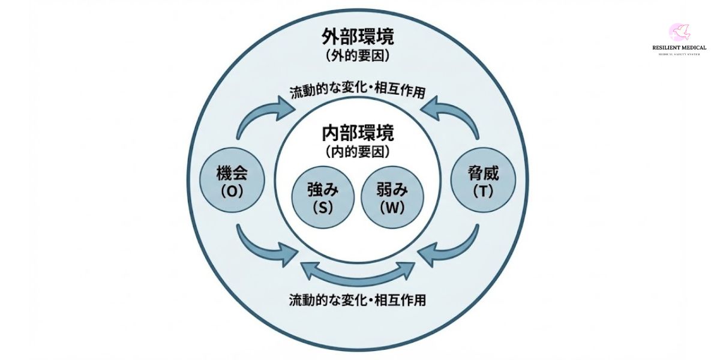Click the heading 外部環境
coord(358,37)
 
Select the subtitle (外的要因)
coord(358,56)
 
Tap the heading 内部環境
coord(358,132)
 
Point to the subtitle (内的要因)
coord(358,152)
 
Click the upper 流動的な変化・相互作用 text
coord(358,92)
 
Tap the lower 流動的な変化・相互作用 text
coord(358,299)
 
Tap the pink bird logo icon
coord(679,32)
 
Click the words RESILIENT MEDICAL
coord(679,48)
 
